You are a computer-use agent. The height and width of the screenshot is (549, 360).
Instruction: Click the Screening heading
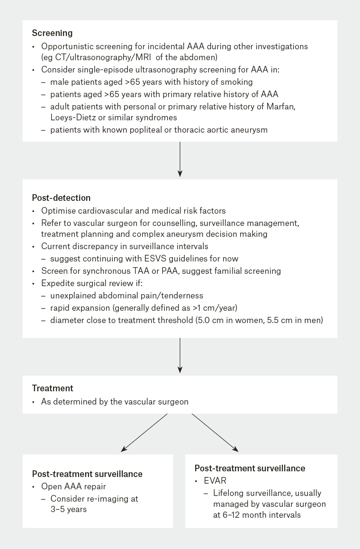click(52, 33)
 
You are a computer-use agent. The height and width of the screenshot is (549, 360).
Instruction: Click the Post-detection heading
click(61, 197)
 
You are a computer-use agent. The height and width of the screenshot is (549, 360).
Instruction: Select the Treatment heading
click(53, 388)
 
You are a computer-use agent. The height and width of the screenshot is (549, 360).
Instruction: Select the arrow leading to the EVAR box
click(215, 432)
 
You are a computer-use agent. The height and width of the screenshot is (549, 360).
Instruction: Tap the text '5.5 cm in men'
click(298, 321)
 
